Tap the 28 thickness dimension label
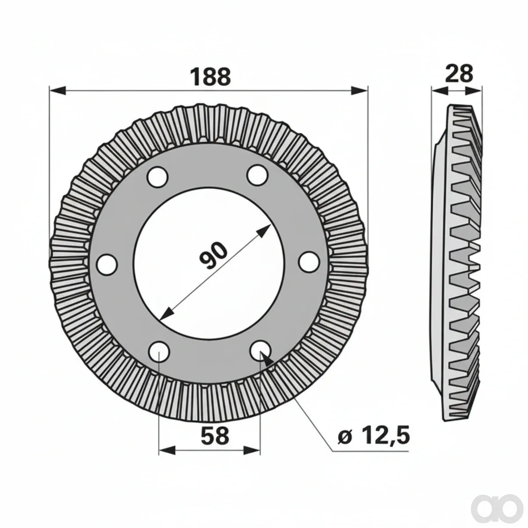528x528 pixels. (459, 73)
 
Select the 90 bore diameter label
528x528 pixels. (213, 255)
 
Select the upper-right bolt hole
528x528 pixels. (257, 175)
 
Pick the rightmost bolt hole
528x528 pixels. (309, 262)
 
